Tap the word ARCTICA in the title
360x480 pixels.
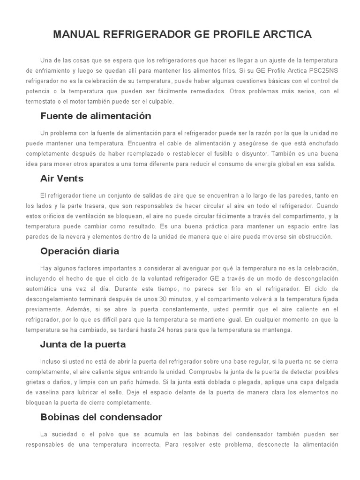tap(285, 34)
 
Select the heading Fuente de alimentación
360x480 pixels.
tap(96, 115)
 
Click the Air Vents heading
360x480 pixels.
tap(62, 178)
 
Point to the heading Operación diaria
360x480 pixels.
tap(80, 251)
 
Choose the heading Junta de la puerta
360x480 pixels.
tap(83, 344)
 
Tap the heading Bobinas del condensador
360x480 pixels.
tap(101, 417)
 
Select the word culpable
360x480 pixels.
tap(160, 101)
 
